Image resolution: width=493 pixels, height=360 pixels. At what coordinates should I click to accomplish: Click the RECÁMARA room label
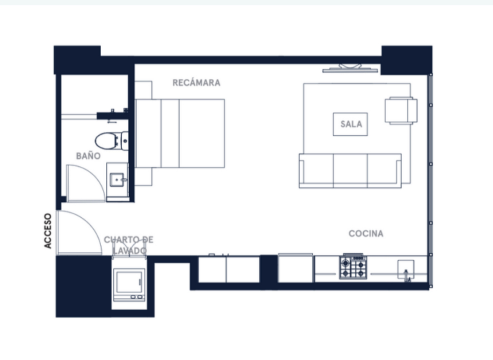pyautogui.click(x=196, y=83)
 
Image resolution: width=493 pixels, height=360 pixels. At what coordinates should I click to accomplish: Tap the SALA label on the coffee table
pyautogui.click(x=351, y=124)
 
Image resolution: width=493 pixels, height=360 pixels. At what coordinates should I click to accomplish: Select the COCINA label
pyautogui.click(x=366, y=234)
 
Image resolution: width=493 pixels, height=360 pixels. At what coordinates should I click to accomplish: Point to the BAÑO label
pyautogui.click(x=88, y=155)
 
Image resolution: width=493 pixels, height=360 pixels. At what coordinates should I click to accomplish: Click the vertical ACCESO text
pyautogui.click(x=47, y=231)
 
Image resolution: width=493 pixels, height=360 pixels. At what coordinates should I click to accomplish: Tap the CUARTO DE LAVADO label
pyautogui.click(x=129, y=245)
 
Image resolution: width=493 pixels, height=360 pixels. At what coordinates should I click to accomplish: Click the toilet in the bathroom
pyautogui.click(x=111, y=140)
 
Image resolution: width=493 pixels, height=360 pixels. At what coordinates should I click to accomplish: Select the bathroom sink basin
pyautogui.click(x=117, y=180)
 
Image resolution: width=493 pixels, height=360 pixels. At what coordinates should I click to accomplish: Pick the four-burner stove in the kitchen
pyautogui.click(x=353, y=267)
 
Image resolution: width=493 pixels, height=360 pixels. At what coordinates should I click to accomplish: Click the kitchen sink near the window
pyautogui.click(x=406, y=270)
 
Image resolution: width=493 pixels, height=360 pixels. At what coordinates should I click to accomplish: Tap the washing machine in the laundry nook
pyautogui.click(x=129, y=285)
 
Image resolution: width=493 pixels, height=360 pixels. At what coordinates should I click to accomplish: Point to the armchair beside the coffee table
pyautogui.click(x=401, y=110)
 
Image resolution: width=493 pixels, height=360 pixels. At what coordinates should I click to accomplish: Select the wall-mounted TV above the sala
pyautogui.click(x=350, y=68)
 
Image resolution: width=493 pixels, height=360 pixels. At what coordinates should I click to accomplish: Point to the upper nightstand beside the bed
pyautogui.click(x=144, y=90)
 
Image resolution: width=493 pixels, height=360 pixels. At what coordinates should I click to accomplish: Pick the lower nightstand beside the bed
pyautogui.click(x=144, y=176)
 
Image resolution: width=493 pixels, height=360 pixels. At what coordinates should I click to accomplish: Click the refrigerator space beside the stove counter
pyautogui.click(x=295, y=268)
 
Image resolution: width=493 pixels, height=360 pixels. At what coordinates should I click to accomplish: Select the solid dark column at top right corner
pyautogui.click(x=407, y=60)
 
